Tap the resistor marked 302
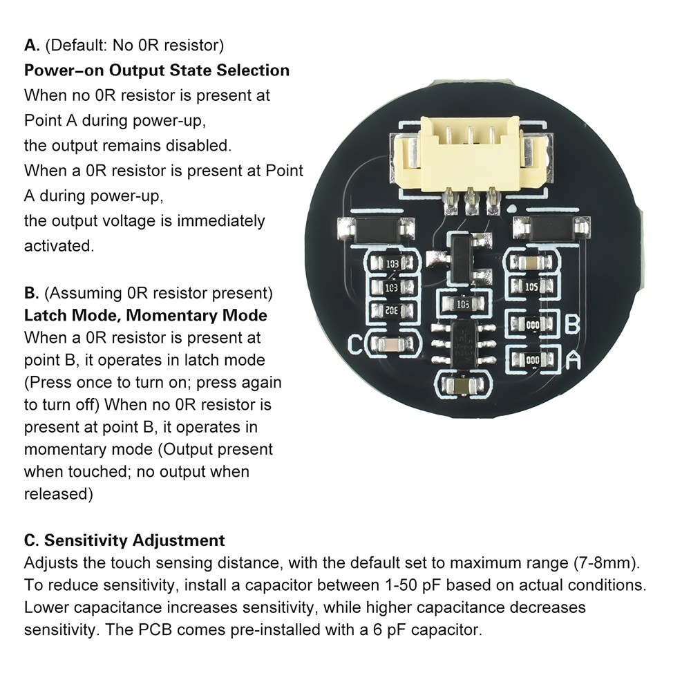(392, 310)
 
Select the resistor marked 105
(531, 286)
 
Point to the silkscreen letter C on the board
(356, 343)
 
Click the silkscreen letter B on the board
(571, 323)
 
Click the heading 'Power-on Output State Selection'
(157, 70)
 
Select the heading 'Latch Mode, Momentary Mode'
(145, 316)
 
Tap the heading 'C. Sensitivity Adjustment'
(124, 540)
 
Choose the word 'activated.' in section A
(59, 246)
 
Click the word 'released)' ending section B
(59, 494)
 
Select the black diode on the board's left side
(375, 227)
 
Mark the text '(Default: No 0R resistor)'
(135, 46)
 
